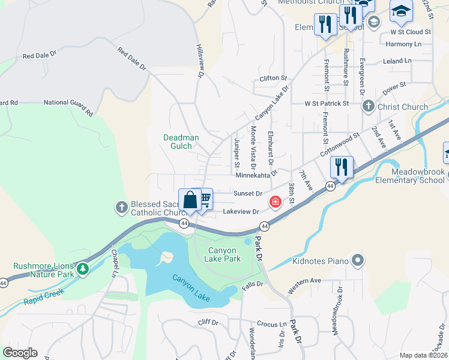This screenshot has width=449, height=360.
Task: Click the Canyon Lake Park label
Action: (224, 254)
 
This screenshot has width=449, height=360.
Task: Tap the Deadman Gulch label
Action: (181, 142)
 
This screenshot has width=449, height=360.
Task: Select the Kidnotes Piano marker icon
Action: (358, 260)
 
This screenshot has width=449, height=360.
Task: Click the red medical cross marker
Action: (276, 202)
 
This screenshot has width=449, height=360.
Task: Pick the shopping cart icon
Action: (205, 199)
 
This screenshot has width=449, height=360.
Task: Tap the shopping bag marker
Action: (190, 199)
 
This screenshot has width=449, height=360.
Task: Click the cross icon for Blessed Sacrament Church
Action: (121, 208)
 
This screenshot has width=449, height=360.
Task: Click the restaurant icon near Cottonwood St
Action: (342, 167)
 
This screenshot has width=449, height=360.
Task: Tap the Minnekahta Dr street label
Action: (256, 175)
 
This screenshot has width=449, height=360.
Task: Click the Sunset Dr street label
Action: (249, 193)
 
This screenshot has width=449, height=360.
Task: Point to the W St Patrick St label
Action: (327, 103)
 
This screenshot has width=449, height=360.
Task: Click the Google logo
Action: (20, 353)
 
